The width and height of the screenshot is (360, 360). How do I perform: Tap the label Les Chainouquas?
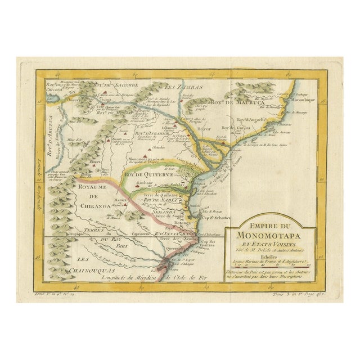pos(84,264)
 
